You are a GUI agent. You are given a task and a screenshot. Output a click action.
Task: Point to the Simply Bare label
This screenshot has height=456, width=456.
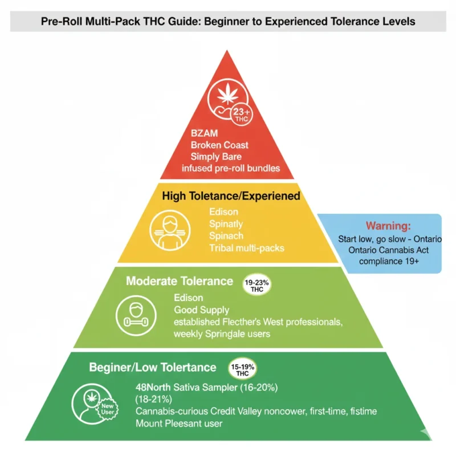click(x=215, y=157)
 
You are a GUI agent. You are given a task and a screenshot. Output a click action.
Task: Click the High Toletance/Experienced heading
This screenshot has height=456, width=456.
click(x=231, y=196)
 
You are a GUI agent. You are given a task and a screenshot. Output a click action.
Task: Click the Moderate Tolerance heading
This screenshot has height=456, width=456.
click(x=179, y=281)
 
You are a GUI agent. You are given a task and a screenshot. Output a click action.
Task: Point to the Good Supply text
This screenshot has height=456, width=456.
click(x=201, y=311)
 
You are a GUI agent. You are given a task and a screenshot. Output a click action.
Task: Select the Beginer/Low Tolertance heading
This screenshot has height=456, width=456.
click(x=152, y=368)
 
